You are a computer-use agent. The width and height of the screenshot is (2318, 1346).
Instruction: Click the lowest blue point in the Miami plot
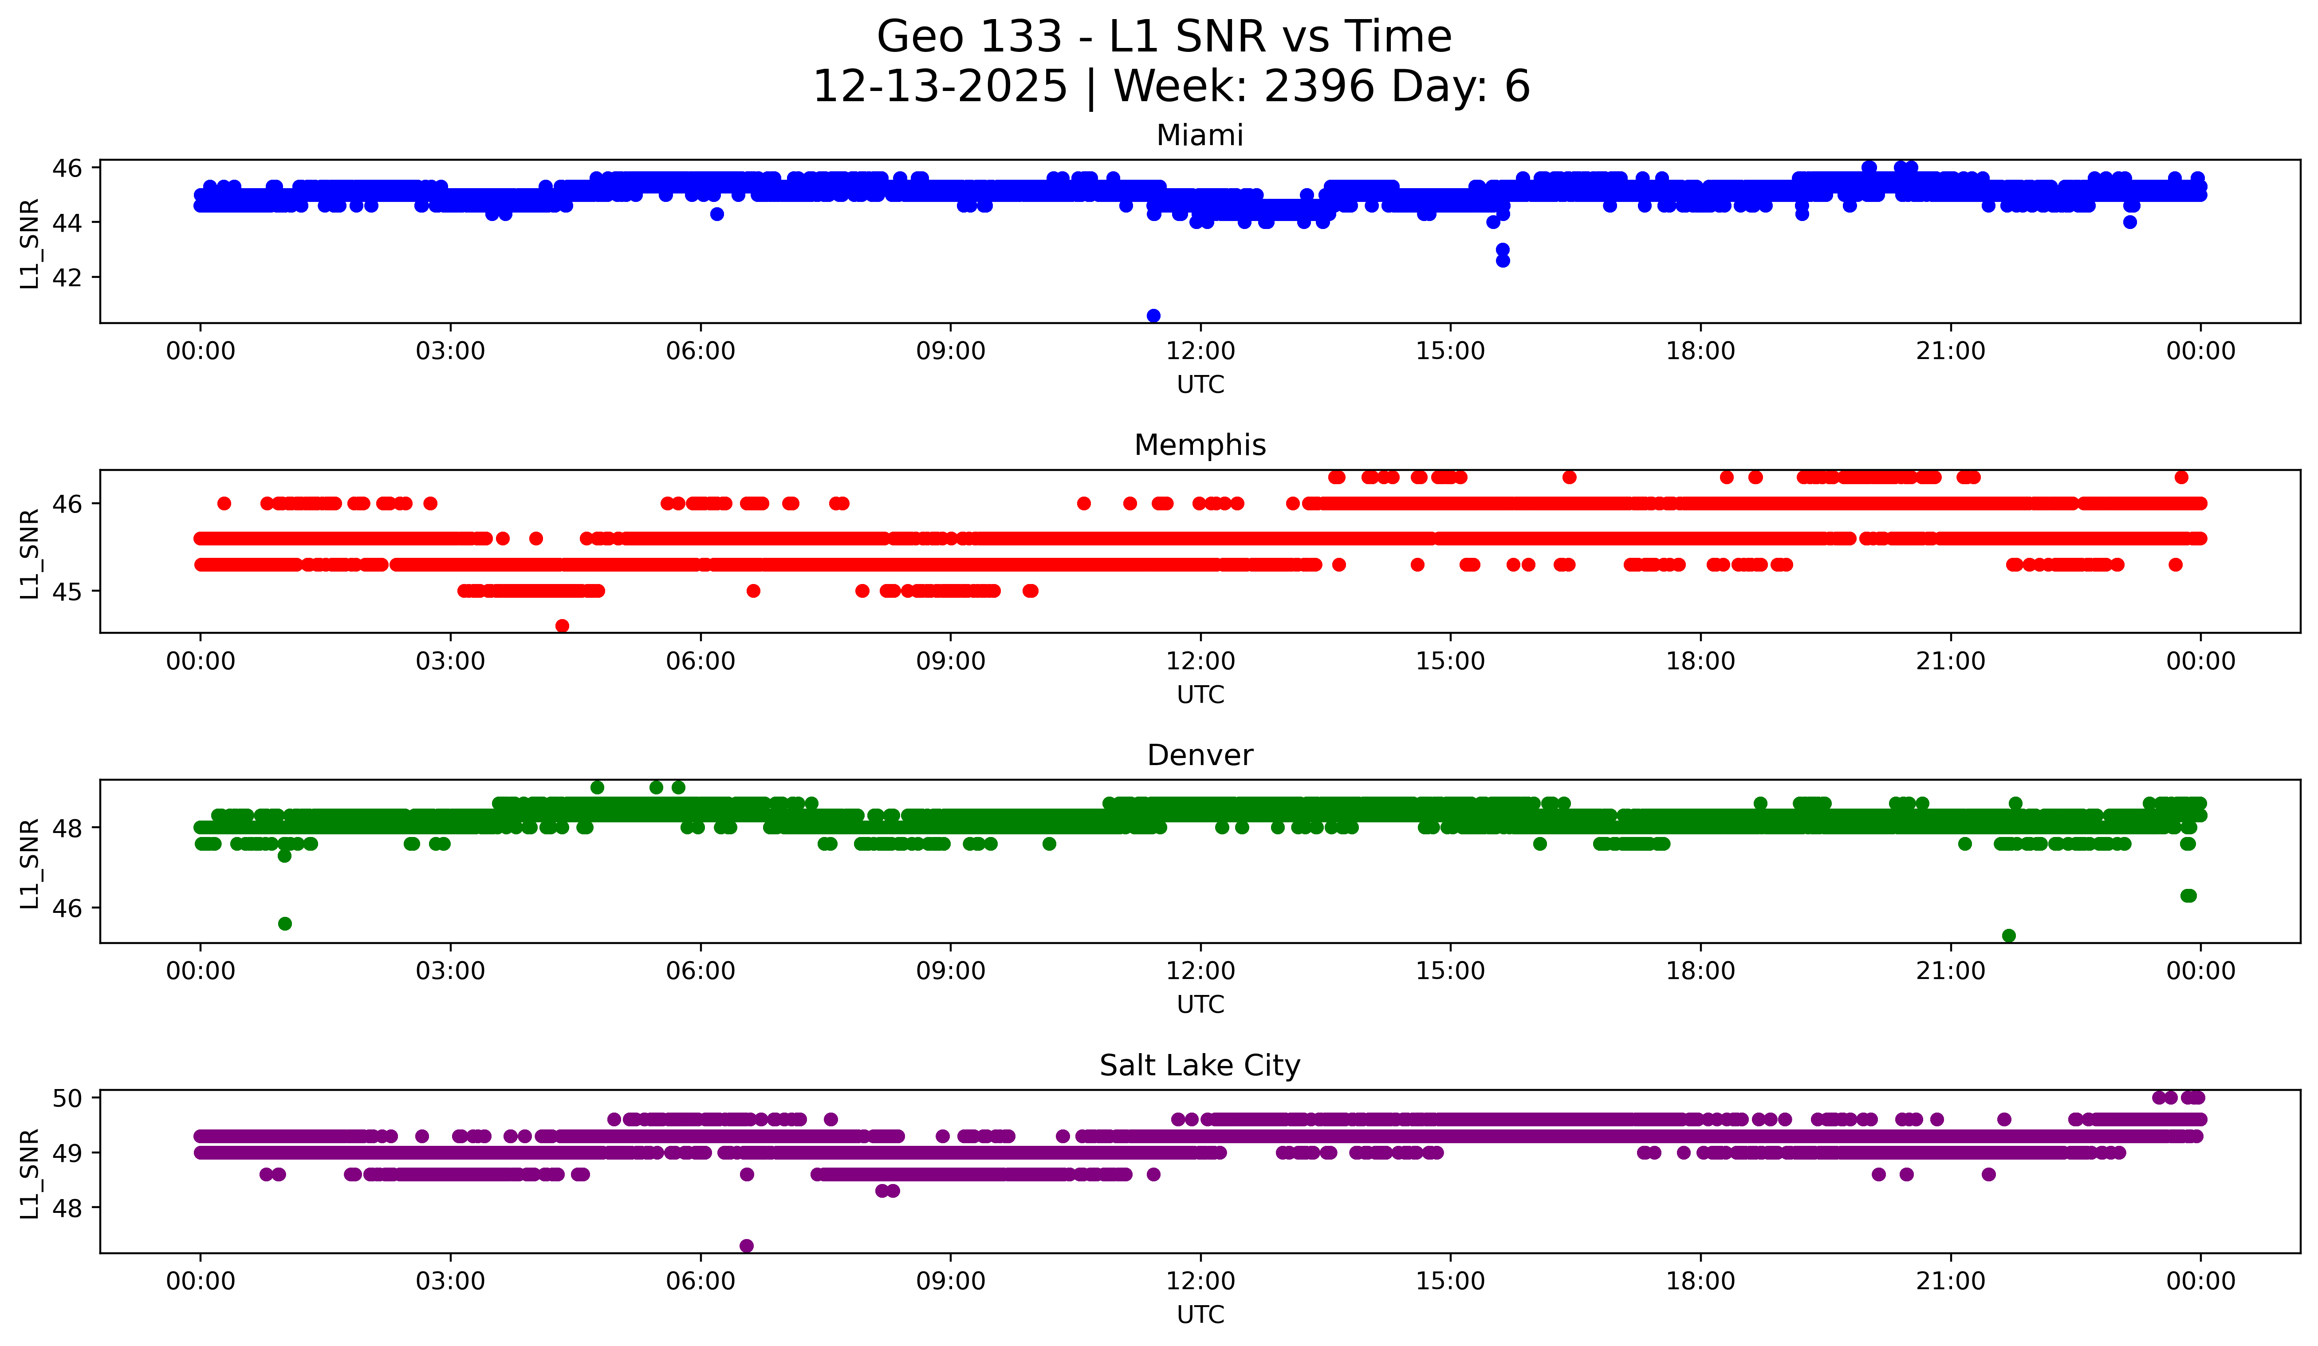coord(1153,316)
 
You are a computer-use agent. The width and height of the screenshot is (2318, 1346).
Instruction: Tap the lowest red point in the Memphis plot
coord(562,626)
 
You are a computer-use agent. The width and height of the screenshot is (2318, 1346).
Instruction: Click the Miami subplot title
coord(1200,135)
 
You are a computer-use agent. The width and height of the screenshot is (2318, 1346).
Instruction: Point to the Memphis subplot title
coord(1200,445)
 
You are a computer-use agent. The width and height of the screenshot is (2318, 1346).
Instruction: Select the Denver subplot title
coord(1200,755)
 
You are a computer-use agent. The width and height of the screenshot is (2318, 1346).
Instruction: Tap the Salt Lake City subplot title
coord(1200,1066)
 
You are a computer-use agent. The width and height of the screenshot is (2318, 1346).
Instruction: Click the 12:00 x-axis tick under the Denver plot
coord(1200,971)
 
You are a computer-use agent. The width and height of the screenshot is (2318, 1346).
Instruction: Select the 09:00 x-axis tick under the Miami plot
coord(950,351)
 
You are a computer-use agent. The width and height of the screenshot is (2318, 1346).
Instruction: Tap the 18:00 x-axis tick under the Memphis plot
coord(1700,661)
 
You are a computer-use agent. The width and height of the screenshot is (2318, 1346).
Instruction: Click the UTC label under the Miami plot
coord(1200,385)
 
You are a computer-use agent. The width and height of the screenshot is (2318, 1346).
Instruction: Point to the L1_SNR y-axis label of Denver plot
coord(29,863)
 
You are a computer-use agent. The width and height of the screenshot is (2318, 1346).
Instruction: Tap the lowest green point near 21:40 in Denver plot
coord(2009,935)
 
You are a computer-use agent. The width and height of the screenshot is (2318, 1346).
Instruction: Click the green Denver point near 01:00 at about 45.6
coord(285,924)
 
